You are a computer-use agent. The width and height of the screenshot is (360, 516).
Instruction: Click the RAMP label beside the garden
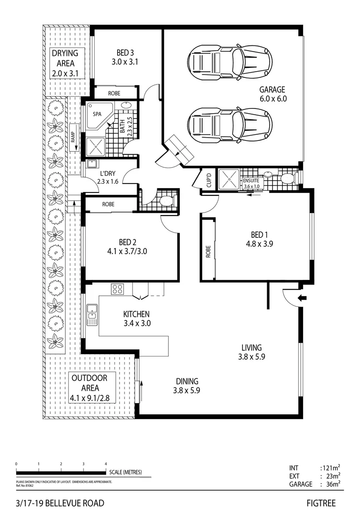(x=73, y=138)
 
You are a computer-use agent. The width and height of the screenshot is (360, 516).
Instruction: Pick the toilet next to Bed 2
(x=165, y=201)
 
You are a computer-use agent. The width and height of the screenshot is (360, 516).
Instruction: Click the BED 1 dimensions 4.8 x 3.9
(x=258, y=243)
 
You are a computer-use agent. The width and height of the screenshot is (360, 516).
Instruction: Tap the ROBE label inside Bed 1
(x=207, y=252)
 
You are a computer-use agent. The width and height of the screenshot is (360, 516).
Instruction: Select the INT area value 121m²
(x=330, y=468)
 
